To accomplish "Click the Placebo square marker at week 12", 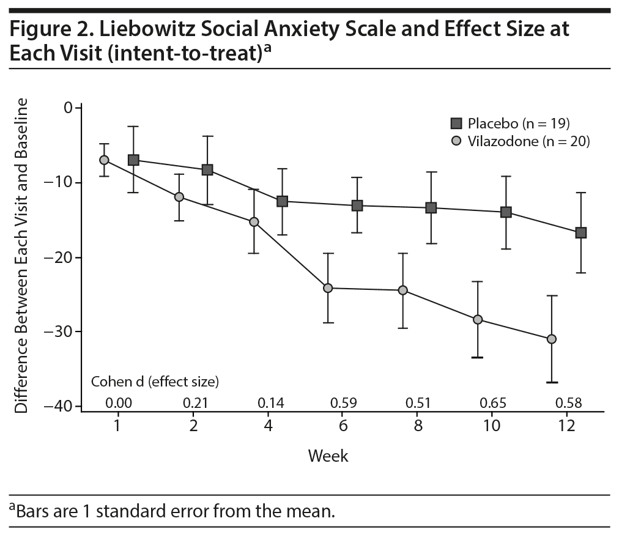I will (x=580, y=232).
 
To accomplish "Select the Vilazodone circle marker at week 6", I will (x=328, y=287).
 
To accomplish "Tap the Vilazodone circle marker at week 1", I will (x=104, y=160).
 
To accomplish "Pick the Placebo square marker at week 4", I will (x=282, y=201).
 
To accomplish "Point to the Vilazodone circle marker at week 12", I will (x=552, y=339).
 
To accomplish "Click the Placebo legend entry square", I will (x=456, y=124).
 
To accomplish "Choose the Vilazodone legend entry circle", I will (x=456, y=141).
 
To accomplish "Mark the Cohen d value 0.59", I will (x=343, y=403).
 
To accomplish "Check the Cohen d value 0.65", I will (x=493, y=403).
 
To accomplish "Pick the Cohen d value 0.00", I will (x=118, y=403).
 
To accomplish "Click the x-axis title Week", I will (x=328, y=456).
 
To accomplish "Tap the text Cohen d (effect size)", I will (x=155, y=382).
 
